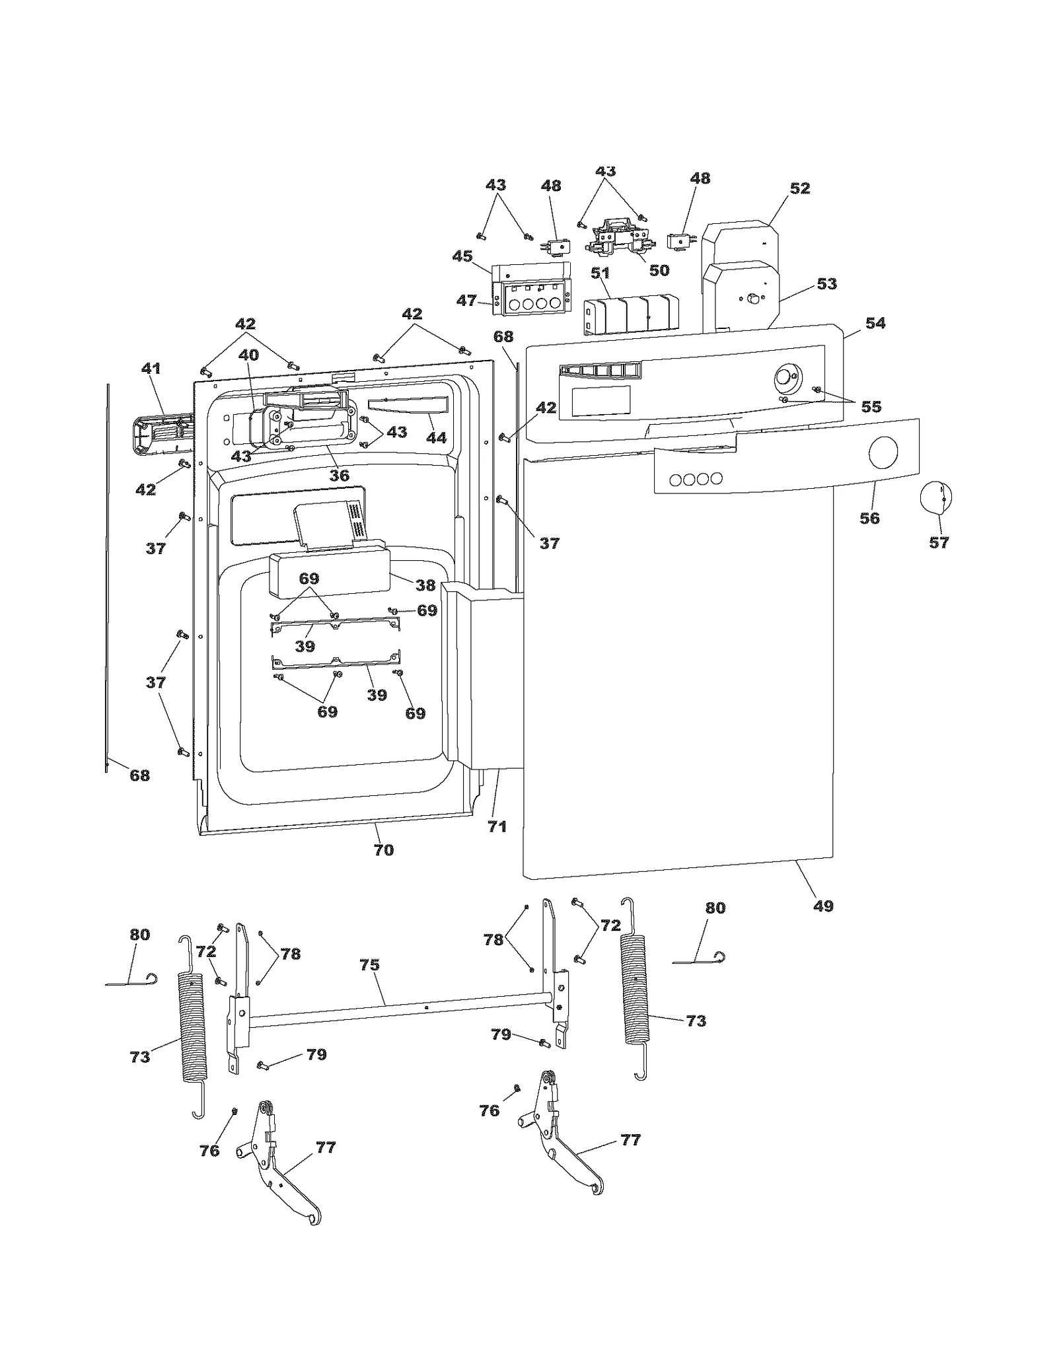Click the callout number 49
point(823,906)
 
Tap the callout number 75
point(369,965)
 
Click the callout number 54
point(875,323)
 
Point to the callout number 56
point(869,518)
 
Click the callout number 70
point(384,850)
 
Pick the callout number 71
point(497,826)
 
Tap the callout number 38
point(425,585)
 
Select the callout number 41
point(151,368)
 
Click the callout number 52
point(799,188)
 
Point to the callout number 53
point(826,283)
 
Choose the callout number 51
point(600,273)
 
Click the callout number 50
point(659,270)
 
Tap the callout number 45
point(462,256)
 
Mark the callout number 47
point(466,301)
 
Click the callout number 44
point(436,437)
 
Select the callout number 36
point(339,475)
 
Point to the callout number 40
point(248,355)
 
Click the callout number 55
point(871,406)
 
